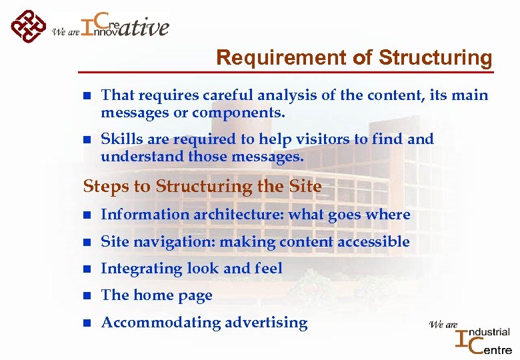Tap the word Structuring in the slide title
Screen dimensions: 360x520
click(x=435, y=58)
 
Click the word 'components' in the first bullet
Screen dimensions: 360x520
click(x=237, y=113)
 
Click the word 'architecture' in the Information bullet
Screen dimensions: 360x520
click(x=231, y=215)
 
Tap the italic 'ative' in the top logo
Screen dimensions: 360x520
click(x=145, y=27)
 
